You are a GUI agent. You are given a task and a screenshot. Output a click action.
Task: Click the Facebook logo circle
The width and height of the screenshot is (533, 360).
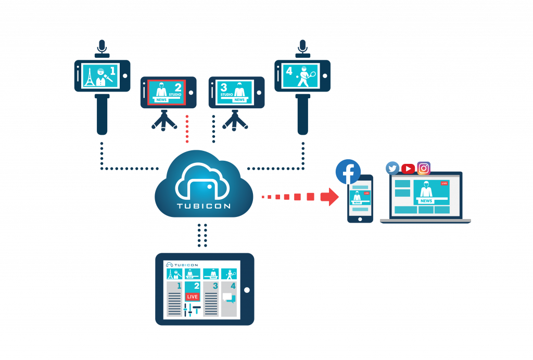[348, 172]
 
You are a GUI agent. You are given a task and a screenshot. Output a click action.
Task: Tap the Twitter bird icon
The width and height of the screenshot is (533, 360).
[392, 168]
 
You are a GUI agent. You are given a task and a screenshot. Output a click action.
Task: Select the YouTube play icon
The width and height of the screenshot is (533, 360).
[408, 169]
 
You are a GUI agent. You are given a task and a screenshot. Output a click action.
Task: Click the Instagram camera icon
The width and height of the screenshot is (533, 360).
[424, 168]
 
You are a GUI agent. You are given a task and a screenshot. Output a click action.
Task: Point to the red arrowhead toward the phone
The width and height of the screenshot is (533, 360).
[329, 197]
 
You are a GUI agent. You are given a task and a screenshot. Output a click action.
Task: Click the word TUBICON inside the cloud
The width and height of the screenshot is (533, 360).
[204, 205]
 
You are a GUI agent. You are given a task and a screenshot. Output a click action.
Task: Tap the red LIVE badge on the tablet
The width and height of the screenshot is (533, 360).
[193, 297]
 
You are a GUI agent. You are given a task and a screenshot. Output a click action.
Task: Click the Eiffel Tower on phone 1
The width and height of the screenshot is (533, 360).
[89, 77]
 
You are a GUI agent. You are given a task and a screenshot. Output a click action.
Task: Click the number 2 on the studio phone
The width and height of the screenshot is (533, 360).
[178, 86]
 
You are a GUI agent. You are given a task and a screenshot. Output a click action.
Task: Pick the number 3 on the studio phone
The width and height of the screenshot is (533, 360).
[224, 87]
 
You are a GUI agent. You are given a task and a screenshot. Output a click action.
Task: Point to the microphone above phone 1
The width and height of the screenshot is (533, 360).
[102, 48]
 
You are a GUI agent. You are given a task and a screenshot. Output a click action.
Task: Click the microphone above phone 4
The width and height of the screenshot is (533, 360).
[302, 48]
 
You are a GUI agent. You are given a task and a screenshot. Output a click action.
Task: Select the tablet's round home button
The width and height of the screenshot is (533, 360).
[247, 290]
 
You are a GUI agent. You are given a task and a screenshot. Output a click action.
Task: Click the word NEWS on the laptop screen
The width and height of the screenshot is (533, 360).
[426, 201]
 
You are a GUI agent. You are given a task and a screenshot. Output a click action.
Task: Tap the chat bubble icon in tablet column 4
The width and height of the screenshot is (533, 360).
[228, 298]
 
